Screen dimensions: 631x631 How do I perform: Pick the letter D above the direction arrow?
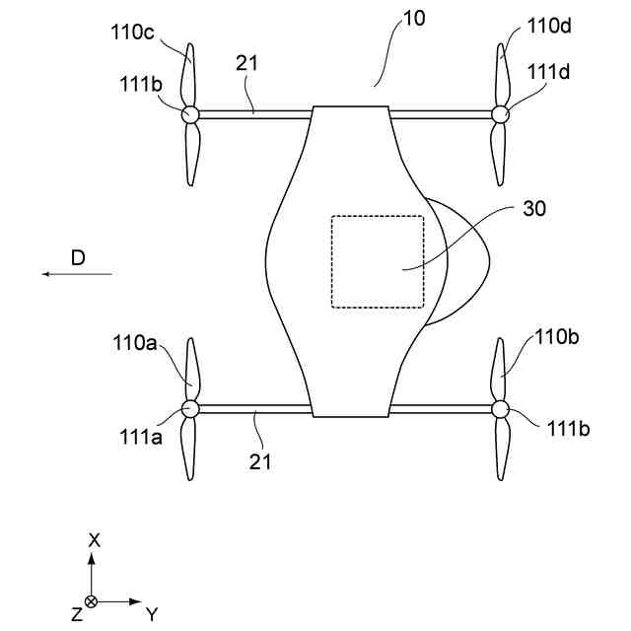(79, 257)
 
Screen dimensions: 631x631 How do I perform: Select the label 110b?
(557, 338)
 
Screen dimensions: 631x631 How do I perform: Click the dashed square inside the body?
(377, 260)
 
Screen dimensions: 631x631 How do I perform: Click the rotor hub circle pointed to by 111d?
(500, 114)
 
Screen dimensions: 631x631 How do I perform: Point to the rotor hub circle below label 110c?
(191, 114)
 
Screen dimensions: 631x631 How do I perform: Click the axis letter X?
(95, 540)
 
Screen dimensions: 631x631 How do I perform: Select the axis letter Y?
(151, 614)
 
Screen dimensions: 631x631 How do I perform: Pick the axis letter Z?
(76, 614)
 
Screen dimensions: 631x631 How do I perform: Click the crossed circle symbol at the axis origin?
(92, 600)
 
